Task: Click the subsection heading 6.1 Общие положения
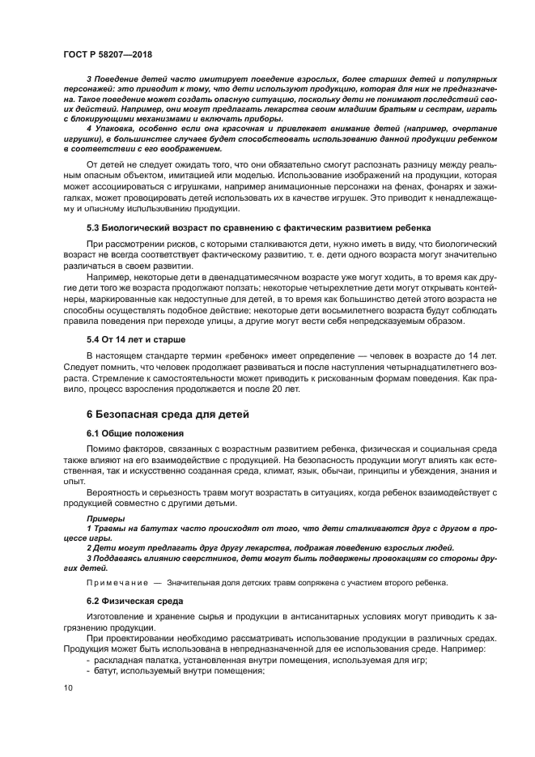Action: (x=135, y=433)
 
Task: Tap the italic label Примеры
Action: (x=105, y=518)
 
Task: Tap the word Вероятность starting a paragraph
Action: (x=115, y=492)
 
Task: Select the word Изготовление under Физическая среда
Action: (x=117, y=617)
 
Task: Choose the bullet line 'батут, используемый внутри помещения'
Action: (x=176, y=670)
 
